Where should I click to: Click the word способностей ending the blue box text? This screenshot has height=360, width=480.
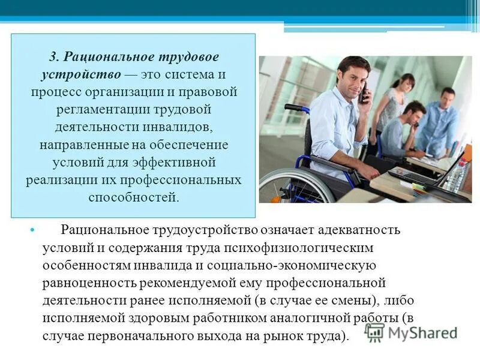(x=133, y=197)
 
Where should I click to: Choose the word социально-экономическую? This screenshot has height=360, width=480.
(x=301, y=265)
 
